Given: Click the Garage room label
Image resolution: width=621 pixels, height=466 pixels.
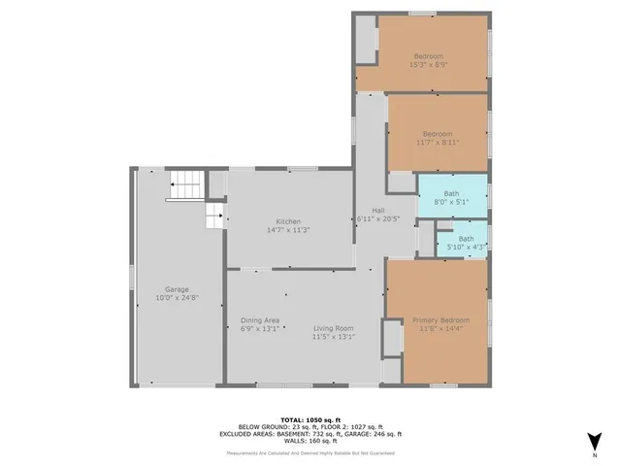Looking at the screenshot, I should [176, 288].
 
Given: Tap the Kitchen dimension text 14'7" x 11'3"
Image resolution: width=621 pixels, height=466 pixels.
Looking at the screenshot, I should [288, 230].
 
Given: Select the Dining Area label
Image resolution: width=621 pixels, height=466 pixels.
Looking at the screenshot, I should [260, 320].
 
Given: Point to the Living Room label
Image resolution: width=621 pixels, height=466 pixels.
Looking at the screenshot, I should [333, 328].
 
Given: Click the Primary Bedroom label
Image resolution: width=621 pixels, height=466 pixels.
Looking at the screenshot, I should [441, 320].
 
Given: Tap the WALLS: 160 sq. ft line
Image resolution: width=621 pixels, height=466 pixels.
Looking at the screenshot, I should [311, 441].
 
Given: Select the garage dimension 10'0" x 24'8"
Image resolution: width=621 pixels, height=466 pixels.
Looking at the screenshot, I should [176, 297].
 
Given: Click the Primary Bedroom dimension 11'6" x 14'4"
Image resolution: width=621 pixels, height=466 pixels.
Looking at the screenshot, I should [441, 329].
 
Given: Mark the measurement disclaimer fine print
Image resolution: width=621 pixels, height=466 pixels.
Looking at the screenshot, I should [311, 453].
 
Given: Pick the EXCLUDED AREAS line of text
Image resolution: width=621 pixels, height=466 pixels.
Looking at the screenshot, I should [311, 433].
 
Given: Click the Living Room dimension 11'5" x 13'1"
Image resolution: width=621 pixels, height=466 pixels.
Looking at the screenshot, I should [333, 337].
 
